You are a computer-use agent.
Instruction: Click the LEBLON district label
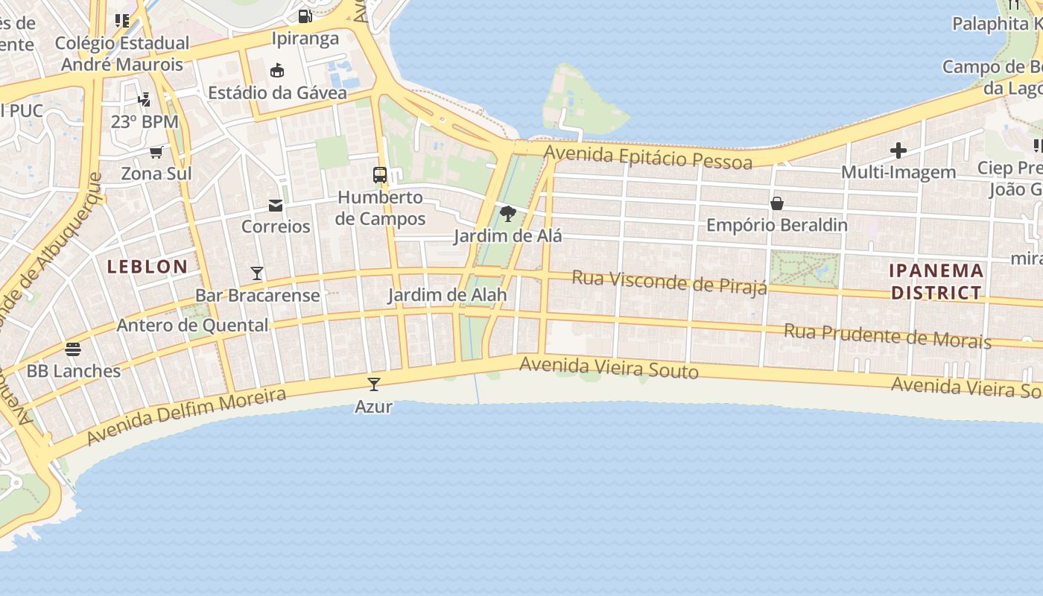148,267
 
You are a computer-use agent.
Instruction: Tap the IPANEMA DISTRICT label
936,281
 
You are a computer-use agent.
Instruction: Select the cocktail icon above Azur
374,384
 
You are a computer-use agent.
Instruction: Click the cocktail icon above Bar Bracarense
257,273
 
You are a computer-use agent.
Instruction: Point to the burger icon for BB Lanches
73,349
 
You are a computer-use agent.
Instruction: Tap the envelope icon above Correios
276,205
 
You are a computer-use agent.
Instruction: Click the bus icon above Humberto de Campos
380,176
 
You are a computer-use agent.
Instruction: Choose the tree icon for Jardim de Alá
508,215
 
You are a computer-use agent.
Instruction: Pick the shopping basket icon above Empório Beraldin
777,203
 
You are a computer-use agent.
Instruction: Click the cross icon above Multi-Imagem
898,150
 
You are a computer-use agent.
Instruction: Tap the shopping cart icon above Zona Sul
156,153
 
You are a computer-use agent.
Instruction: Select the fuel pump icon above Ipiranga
305,16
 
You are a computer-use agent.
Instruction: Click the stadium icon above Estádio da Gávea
277,71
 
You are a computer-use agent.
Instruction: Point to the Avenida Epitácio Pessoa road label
648,156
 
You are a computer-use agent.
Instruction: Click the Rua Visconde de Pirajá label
669,282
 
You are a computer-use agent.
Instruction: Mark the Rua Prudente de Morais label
887,336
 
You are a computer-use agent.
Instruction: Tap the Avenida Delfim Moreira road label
186,416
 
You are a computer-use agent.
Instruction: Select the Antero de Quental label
192,325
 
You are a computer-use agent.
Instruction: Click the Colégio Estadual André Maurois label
122,54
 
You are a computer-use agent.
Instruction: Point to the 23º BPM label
145,121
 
